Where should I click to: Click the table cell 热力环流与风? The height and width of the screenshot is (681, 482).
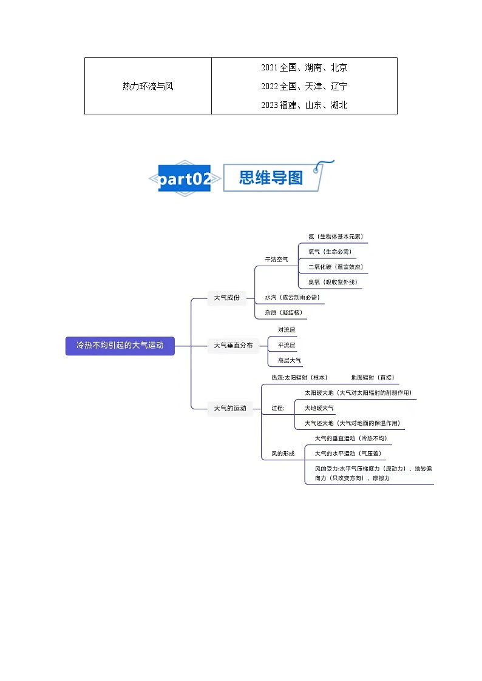point(148,86)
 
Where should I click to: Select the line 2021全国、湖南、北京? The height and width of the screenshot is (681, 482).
point(304,67)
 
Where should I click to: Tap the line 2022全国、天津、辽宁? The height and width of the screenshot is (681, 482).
point(304,86)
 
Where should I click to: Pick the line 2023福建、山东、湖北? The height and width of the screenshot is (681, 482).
point(304,105)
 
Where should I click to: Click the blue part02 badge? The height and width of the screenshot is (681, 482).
point(185,178)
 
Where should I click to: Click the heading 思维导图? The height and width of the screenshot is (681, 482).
point(271,178)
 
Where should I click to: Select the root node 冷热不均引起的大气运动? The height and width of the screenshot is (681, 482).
point(120,345)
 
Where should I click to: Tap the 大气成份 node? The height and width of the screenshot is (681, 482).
point(226,298)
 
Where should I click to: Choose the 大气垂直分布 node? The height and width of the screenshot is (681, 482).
point(233,345)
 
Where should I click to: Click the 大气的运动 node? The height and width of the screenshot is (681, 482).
point(230,408)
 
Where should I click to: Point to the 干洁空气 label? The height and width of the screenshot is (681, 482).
point(276,260)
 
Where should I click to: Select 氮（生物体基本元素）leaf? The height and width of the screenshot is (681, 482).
point(336,237)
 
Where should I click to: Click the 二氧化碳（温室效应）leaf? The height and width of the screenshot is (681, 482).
point(336,267)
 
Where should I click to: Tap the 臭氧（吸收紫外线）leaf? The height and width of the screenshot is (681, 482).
point(333,282)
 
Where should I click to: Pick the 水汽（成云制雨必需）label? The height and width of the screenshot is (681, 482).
point(292,297)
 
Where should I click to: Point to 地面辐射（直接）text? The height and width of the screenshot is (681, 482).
point(372,377)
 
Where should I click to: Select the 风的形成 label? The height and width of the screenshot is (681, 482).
point(283,454)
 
